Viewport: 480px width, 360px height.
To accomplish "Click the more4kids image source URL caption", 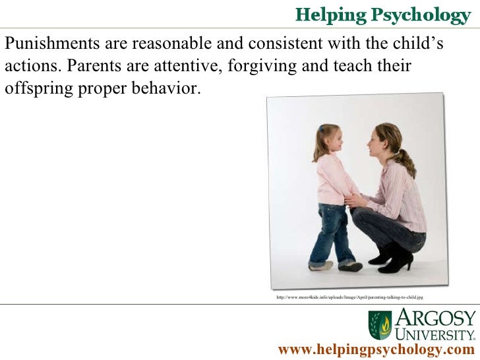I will [x=349, y=298].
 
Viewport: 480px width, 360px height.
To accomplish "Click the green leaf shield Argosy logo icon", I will [x=379, y=324].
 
